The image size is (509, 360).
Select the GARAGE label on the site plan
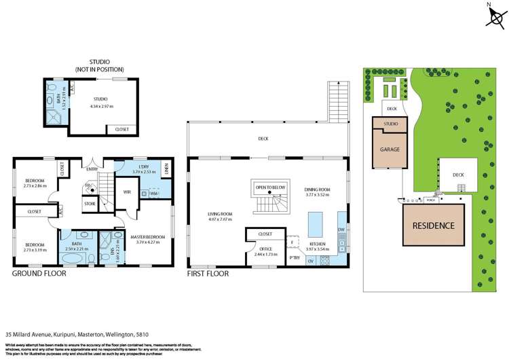[390, 149]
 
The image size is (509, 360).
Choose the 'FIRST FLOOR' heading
[208, 274]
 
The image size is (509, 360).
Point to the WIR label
[127, 192]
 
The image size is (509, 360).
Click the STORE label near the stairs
[90, 202]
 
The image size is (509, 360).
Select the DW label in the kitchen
[341, 230]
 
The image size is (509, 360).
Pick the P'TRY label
[295, 257]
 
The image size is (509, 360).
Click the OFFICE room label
[265, 249]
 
